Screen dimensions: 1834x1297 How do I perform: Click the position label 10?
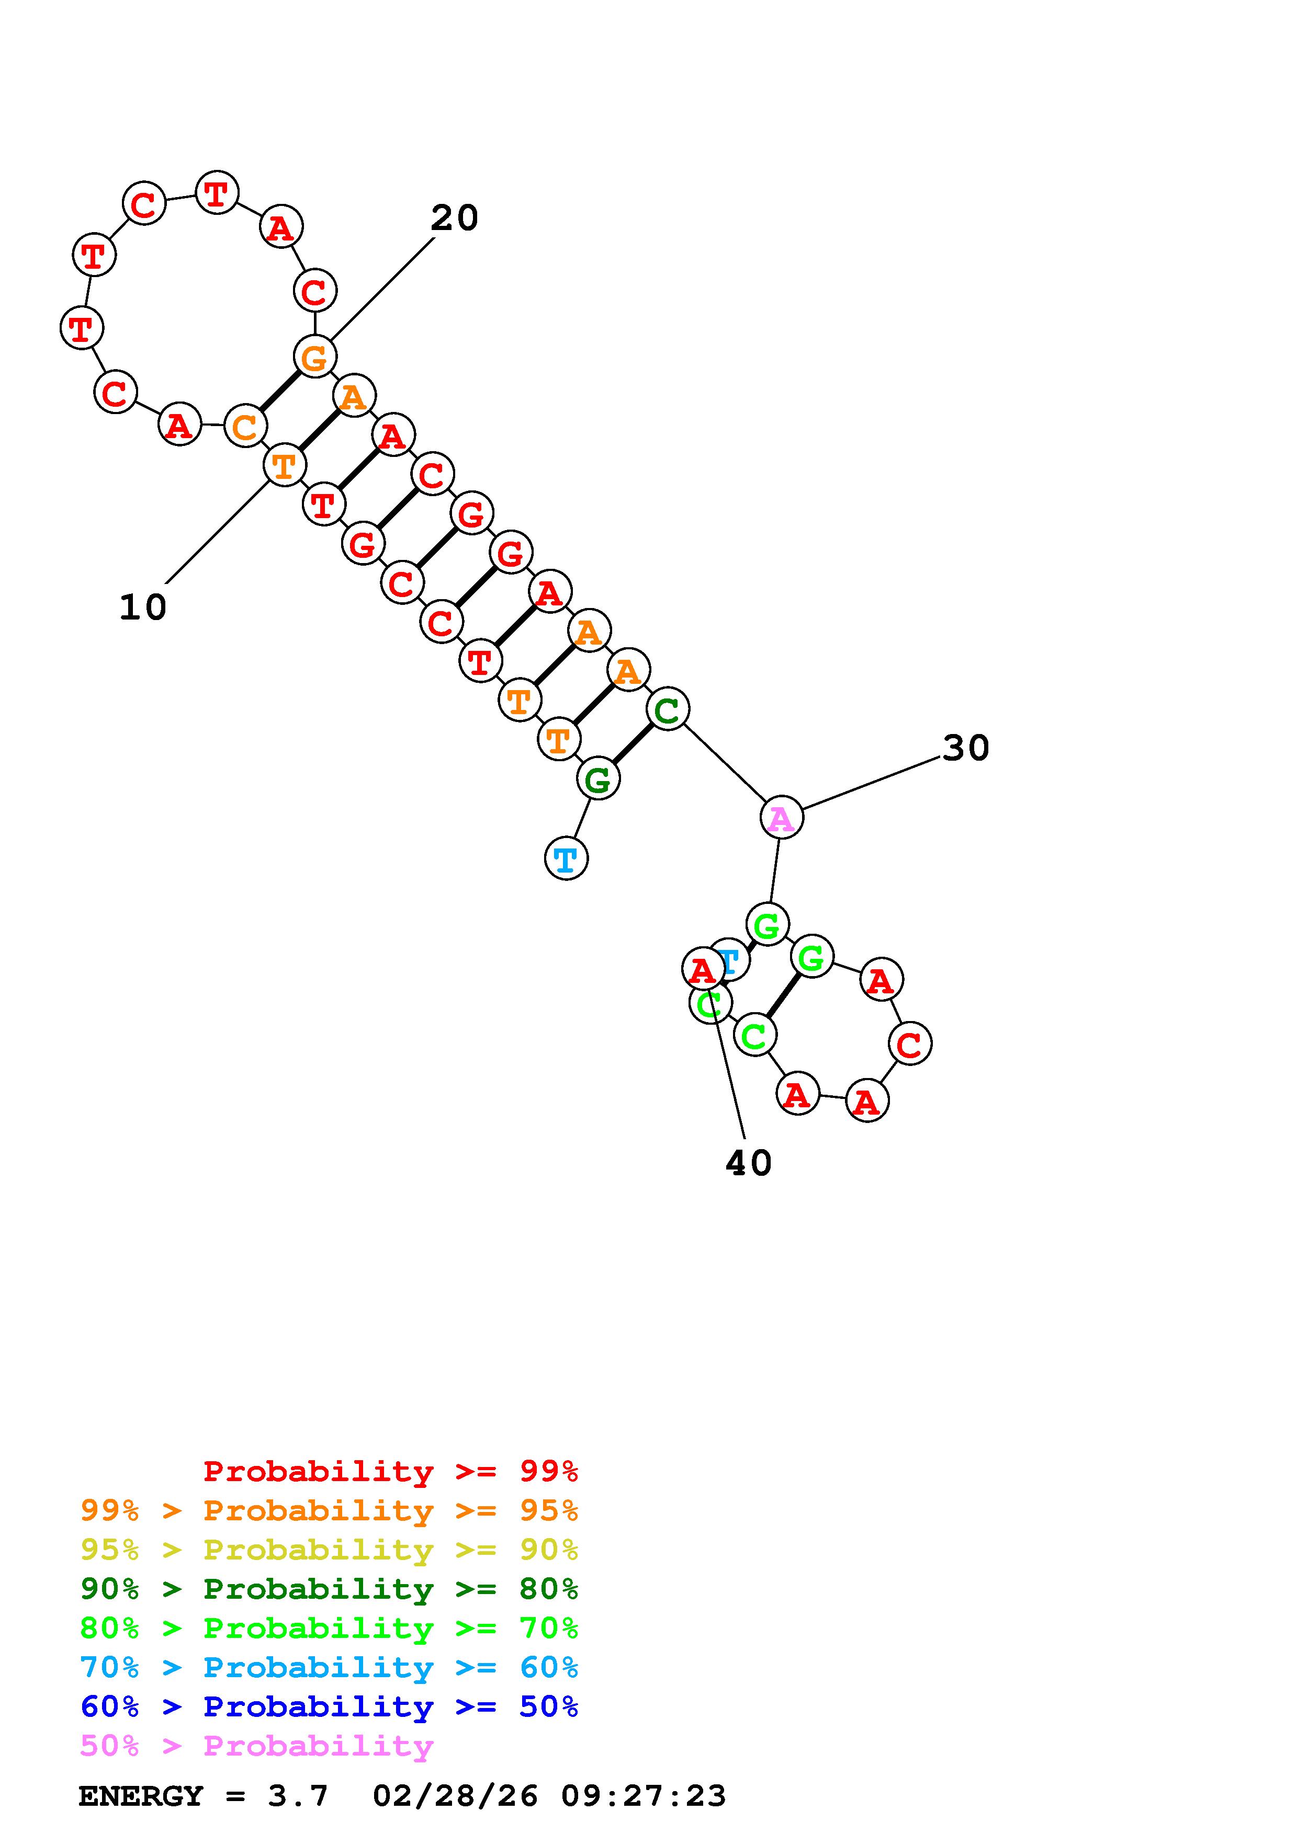coord(142,608)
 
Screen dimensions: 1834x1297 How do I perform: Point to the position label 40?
coord(748,1163)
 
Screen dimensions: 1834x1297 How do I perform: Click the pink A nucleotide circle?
coord(781,818)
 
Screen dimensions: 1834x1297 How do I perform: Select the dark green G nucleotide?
coord(598,779)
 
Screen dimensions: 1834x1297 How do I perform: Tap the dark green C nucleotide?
coord(667,708)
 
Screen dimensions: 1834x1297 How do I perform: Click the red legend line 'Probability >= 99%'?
coord(391,1471)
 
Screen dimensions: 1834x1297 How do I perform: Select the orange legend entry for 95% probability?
coord(329,1510)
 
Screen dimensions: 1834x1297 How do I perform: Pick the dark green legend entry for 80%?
coord(329,1589)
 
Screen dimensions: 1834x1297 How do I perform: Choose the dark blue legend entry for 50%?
coord(329,1706)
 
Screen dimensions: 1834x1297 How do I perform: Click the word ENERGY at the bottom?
coord(141,1796)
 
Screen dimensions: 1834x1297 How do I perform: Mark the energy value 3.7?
coord(298,1796)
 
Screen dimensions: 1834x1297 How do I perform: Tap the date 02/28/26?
coord(455,1796)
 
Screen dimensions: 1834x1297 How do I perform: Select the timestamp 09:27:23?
coord(644,1796)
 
